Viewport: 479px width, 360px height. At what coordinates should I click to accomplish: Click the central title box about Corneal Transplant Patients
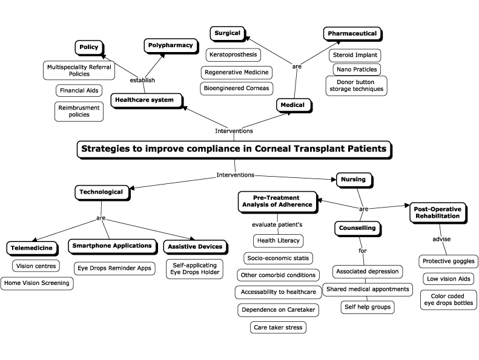[x=233, y=149]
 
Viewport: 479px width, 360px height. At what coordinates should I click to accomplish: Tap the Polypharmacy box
[x=171, y=45]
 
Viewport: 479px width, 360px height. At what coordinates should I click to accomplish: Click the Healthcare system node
[x=145, y=100]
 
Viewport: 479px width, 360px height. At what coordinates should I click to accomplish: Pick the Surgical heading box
[x=228, y=33]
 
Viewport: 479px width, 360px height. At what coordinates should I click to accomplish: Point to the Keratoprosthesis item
[x=233, y=55]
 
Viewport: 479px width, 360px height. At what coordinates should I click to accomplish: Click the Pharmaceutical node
[x=352, y=33]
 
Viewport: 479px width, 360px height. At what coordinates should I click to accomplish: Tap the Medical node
[x=294, y=105]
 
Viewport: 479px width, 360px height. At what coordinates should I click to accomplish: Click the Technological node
[x=101, y=192]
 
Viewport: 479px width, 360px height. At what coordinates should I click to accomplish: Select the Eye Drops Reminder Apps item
[x=114, y=267]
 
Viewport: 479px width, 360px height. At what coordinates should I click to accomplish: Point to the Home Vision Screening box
[x=36, y=283]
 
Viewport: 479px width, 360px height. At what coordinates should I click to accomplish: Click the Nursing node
[x=353, y=180]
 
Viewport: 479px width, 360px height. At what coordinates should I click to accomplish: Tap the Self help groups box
[x=367, y=307]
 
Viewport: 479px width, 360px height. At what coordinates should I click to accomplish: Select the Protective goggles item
[x=449, y=261]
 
